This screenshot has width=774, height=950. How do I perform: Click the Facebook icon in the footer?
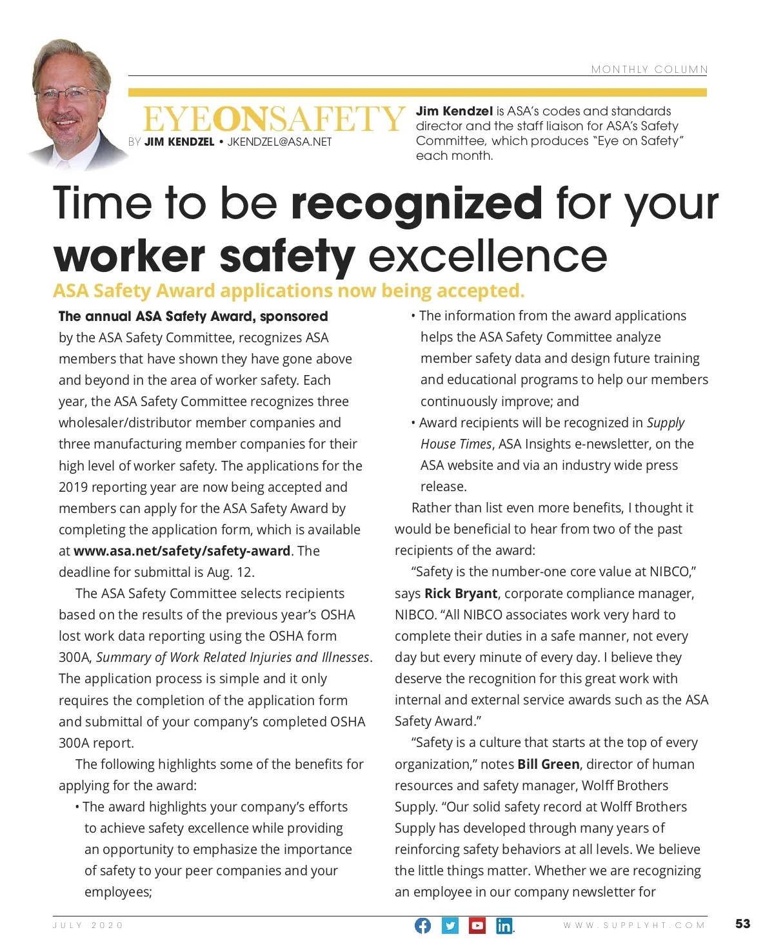(x=422, y=926)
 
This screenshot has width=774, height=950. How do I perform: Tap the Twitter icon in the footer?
(x=450, y=926)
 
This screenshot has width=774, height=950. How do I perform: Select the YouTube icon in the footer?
(x=477, y=926)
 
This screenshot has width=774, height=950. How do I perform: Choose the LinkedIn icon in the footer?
(x=504, y=926)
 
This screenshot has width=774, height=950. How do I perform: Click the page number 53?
(x=742, y=924)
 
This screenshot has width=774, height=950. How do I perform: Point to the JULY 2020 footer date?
(x=88, y=926)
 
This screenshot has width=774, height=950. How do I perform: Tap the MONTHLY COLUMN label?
(x=649, y=70)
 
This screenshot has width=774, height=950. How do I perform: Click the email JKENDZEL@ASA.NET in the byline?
(x=279, y=142)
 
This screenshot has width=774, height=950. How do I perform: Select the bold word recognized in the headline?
(x=417, y=203)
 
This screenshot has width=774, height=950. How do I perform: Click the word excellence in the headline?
(x=488, y=257)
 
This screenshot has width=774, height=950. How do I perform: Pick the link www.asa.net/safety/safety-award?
(x=182, y=551)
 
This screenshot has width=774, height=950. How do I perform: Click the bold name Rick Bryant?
(x=461, y=594)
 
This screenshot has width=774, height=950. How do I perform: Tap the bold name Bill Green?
(x=548, y=764)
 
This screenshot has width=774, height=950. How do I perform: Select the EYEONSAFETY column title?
(x=273, y=119)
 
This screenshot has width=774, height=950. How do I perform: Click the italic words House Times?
(x=457, y=444)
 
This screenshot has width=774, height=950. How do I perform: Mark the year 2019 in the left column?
(x=73, y=487)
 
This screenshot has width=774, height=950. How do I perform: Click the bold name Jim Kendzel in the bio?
(x=454, y=111)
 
